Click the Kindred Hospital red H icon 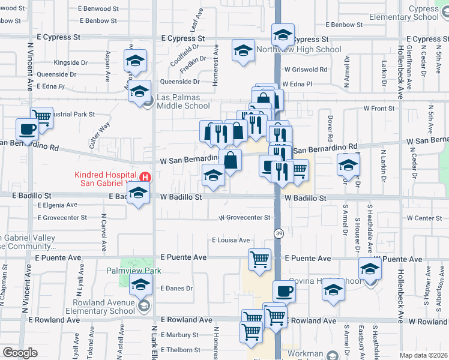pyautogui.click(x=144, y=177)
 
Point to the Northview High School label pyautogui.click(x=298, y=50)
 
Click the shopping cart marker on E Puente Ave pyautogui.click(x=259, y=260)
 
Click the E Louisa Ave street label pyautogui.click(x=231, y=240)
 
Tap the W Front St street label pyautogui.click(x=379, y=109)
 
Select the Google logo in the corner pyautogui.click(x=20, y=353)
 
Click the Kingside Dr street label pyautogui.click(x=70, y=62)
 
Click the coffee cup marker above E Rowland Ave pyautogui.click(x=284, y=292)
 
